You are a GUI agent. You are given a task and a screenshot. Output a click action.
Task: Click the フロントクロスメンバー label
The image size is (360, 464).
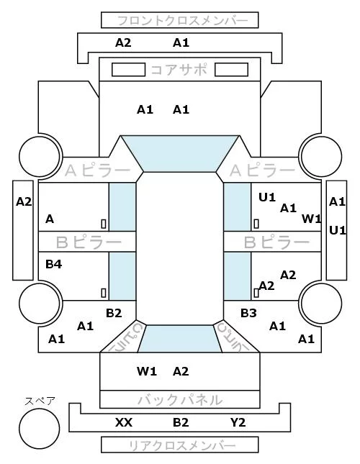183,21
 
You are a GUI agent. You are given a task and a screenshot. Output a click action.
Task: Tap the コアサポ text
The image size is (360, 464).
179,70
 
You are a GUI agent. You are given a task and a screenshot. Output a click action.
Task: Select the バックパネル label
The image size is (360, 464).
180,400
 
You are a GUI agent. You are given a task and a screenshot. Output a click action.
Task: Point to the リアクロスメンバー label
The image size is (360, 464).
182,445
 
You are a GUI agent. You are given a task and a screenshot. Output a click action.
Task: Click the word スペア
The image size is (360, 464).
40,401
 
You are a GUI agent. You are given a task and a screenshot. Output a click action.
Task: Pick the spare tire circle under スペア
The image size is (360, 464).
40,429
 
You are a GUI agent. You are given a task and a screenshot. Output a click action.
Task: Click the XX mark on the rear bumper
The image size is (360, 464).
124,422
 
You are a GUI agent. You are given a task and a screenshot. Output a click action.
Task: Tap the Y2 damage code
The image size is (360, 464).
238,422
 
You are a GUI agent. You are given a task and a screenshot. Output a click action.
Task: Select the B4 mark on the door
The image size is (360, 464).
53,264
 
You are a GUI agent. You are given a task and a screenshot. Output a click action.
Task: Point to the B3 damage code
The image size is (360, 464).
248,313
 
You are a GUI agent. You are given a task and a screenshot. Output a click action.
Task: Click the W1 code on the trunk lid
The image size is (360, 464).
147,371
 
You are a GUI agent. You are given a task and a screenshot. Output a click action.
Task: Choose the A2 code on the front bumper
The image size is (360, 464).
123,43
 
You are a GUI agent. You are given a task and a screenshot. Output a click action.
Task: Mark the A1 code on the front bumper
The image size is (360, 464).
181,43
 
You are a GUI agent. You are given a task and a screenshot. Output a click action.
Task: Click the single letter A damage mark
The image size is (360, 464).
50,219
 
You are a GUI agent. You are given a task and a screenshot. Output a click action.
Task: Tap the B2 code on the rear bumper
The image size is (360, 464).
181,422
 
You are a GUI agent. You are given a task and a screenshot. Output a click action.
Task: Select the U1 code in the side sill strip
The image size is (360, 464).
338,230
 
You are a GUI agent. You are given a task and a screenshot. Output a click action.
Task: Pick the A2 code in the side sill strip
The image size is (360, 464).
24,202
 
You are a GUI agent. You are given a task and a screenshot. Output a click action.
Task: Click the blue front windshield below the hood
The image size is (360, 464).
180,153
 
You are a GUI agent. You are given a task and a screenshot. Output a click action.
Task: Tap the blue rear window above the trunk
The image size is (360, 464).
180,339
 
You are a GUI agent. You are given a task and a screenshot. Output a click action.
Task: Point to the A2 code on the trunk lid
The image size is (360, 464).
181,371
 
